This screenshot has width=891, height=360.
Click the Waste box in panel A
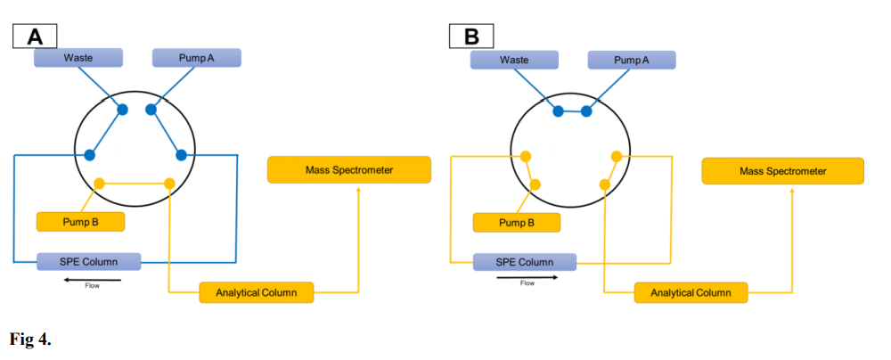tap(78, 58)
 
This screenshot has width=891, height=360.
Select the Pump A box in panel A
tap(196, 58)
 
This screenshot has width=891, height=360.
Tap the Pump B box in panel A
tap(80, 221)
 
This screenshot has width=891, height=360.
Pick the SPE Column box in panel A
tap(89, 262)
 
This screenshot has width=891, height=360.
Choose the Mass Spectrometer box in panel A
tap(349, 169)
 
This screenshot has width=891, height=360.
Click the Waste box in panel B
tap(514, 60)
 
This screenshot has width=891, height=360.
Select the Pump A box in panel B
tap(632, 60)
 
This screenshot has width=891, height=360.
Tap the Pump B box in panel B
tap(517, 222)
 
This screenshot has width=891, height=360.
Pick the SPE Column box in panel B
tap(524, 262)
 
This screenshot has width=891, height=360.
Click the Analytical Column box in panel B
tap(691, 292)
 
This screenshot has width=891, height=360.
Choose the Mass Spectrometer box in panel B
tap(783, 171)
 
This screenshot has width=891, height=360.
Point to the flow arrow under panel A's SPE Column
tap(91, 279)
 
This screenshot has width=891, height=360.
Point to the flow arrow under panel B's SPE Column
tap(527, 277)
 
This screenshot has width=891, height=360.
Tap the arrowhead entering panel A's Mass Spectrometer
tap(359, 189)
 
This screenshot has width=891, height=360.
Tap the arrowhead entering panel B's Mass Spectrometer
tap(794, 190)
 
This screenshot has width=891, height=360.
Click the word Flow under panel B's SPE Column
tap(527, 284)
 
